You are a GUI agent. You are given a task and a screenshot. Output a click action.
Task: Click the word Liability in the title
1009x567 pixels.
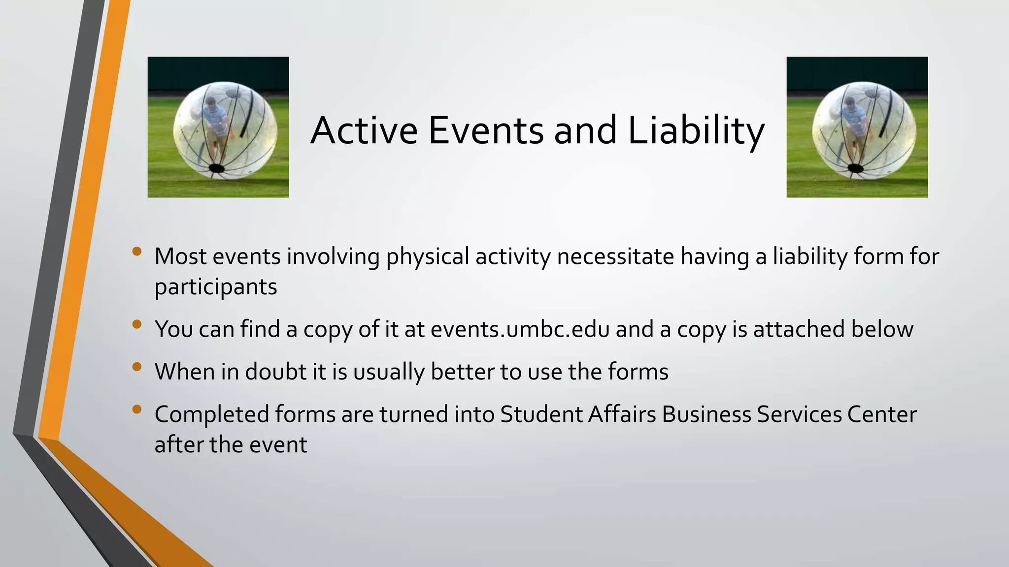(x=696, y=130)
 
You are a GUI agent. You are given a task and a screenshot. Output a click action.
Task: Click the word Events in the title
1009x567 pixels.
(x=486, y=130)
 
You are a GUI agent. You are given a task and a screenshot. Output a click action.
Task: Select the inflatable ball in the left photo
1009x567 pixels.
(x=225, y=129)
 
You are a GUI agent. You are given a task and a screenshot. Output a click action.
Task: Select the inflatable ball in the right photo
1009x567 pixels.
(x=864, y=129)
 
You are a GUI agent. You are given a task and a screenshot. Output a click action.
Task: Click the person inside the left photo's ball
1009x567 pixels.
(x=215, y=123)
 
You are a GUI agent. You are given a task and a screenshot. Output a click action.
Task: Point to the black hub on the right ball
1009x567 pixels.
(x=855, y=169)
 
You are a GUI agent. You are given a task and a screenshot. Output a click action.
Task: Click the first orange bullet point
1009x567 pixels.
(x=137, y=252)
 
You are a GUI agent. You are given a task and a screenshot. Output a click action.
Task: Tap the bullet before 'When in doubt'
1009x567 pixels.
(x=137, y=367)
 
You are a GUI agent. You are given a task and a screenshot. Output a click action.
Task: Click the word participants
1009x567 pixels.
(x=216, y=287)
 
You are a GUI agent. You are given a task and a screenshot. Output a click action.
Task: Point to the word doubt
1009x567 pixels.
(x=276, y=372)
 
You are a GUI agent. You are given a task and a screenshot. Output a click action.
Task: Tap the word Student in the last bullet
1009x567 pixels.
(x=541, y=414)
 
